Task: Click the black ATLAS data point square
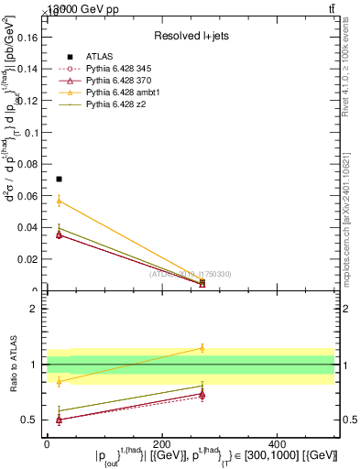pyautogui.click(x=59, y=179)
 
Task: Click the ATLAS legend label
pyautogui.click(x=100, y=57)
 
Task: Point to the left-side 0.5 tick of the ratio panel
pyautogui.click(x=31, y=420)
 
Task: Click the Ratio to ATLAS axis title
pyautogui.click(x=14, y=365)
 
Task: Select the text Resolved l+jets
pyautogui.click(x=191, y=36)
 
